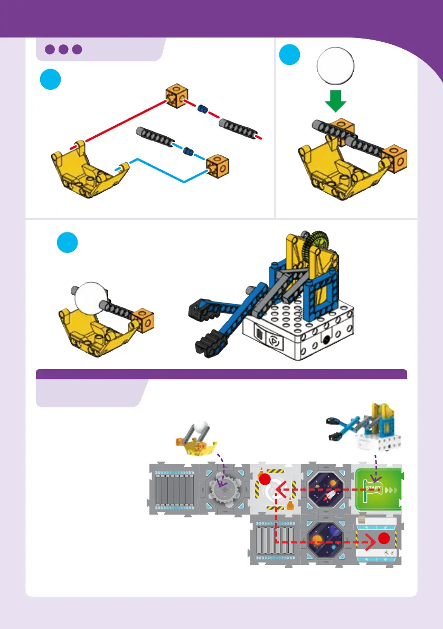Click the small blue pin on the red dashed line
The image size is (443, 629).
pos(201,110)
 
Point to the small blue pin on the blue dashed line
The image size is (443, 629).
pos(186,152)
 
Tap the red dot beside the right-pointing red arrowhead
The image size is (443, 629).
pos(384,539)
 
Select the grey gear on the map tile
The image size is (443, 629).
pos(224,489)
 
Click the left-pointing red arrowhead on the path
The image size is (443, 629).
pos(282,489)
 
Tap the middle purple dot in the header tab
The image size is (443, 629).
pos(63,50)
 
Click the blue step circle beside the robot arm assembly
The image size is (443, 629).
pos(68,242)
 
